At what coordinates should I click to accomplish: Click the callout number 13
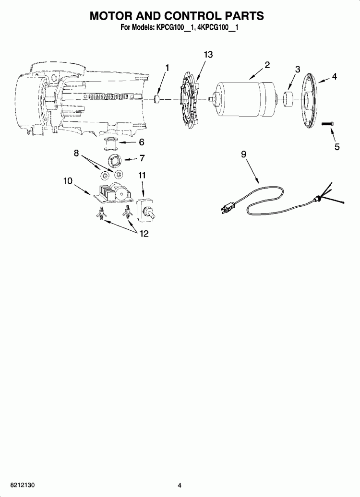(x=208, y=55)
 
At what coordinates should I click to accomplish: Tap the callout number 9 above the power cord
(x=243, y=154)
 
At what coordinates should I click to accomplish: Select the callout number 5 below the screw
(x=337, y=147)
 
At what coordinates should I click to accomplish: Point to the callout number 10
(x=68, y=181)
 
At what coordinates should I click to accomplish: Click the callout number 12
(x=144, y=234)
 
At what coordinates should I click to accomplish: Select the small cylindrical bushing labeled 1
(x=157, y=100)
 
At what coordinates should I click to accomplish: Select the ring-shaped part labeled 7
(x=116, y=159)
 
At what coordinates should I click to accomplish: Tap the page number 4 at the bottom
(x=180, y=485)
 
